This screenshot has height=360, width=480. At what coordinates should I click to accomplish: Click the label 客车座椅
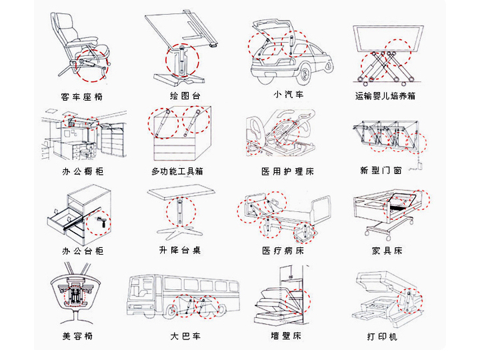click(x=82, y=97)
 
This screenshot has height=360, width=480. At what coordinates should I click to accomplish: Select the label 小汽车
click(x=289, y=94)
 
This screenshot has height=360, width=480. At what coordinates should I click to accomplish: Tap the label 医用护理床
click(x=287, y=171)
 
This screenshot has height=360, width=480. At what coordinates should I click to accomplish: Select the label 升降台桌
click(x=180, y=251)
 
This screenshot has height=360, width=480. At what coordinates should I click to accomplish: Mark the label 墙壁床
click(x=286, y=335)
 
